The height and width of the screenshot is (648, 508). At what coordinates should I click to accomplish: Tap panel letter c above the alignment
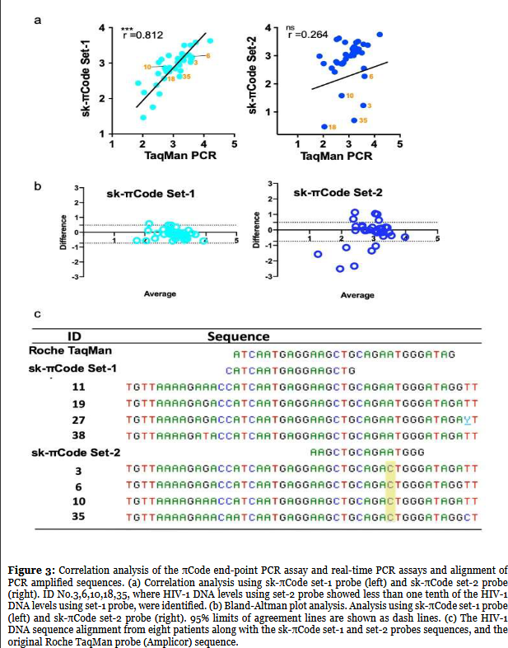[37, 314]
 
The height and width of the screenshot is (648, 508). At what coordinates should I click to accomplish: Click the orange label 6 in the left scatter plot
[198, 55]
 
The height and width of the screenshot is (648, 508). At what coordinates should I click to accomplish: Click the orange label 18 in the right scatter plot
[332, 127]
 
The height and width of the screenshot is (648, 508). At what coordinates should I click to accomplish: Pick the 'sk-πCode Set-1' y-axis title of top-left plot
[86, 80]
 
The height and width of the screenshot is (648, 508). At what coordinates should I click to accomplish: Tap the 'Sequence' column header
[238, 336]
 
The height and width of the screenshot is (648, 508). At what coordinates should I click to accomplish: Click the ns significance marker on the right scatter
[290, 28]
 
